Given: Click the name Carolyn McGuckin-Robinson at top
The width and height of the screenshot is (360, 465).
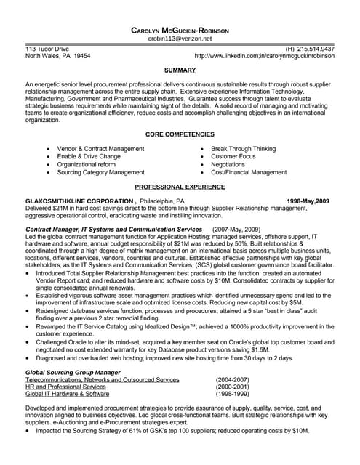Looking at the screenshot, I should (180, 31).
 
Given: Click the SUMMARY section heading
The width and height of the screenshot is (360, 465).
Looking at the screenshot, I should (180, 70).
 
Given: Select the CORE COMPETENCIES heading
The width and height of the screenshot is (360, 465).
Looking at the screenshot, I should (180, 134).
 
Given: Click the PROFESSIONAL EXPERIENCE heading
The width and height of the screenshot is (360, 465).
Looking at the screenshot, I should (180, 187).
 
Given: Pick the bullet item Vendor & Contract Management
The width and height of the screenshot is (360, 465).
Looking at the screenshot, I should (100, 148).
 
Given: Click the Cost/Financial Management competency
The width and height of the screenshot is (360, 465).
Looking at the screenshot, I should (249, 173).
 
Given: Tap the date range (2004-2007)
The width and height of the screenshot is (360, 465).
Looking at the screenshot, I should (233, 379).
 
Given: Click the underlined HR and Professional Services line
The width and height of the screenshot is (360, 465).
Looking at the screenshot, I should (65, 387).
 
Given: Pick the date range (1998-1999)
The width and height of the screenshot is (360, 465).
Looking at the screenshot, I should (233, 395).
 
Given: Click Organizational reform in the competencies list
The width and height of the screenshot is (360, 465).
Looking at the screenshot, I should (86, 165).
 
